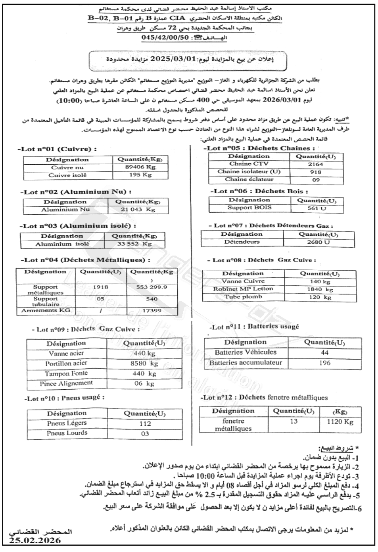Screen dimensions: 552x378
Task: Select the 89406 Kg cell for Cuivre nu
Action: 140,167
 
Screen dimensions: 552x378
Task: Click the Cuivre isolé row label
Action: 67,175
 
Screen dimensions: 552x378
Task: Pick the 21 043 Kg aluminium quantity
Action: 138,210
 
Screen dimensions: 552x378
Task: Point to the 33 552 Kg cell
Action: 134,244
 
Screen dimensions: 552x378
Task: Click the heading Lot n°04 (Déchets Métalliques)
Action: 85,260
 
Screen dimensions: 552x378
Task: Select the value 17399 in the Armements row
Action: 152,311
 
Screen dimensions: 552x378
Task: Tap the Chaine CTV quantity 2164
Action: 315,164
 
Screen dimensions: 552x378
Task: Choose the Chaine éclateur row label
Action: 249,179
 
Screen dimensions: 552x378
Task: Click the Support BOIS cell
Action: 249,208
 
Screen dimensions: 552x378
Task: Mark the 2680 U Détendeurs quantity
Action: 318,242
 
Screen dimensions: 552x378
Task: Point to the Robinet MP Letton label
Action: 243,289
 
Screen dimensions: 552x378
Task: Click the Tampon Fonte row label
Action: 66,373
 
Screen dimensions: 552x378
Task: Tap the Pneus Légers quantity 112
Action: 145,423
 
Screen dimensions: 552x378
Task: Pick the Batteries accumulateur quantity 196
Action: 324,363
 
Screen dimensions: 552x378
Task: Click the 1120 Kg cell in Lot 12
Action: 340,422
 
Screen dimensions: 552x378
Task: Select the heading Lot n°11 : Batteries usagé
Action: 254,327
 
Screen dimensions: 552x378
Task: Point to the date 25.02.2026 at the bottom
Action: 35,540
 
